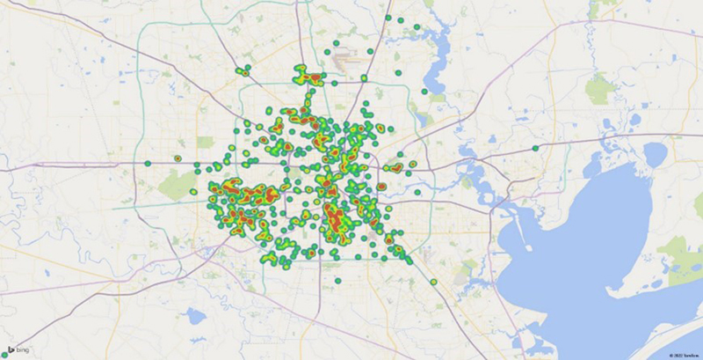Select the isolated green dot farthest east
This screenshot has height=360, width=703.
[535, 148]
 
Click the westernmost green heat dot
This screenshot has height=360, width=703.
[148, 163]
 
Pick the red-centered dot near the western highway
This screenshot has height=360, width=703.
[178, 158]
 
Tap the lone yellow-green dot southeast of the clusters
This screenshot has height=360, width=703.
[434, 282]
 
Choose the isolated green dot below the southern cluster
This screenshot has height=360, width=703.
[337, 281]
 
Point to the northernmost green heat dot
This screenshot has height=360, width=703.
[388, 17]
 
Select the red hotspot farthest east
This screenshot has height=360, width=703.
[395, 165]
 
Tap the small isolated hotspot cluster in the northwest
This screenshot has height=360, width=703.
[242, 70]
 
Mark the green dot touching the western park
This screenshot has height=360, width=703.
[193, 191]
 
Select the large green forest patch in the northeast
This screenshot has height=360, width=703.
[599, 88]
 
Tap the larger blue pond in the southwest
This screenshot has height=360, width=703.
[195, 316]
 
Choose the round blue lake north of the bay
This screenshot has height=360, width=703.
[655, 155]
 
